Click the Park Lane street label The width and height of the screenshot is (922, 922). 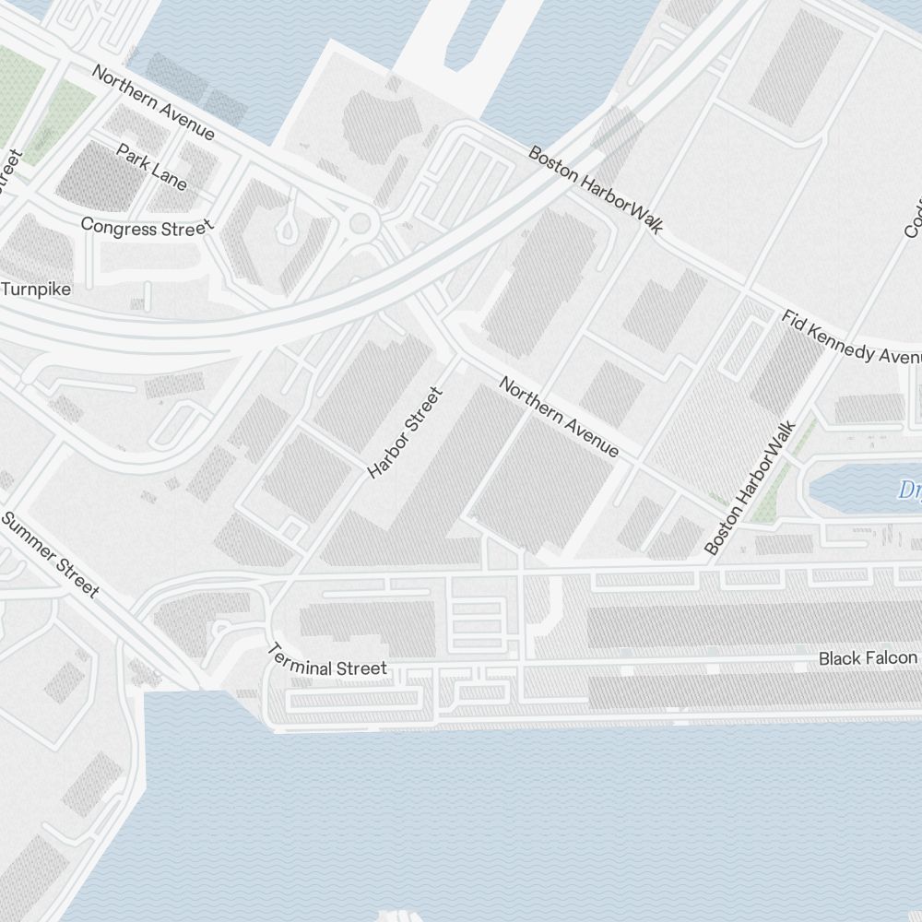(x=152, y=166)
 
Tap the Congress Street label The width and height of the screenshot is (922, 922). (x=147, y=226)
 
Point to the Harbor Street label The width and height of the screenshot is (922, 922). (x=406, y=432)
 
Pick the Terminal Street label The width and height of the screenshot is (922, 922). (x=327, y=660)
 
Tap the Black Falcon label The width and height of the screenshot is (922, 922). (x=868, y=658)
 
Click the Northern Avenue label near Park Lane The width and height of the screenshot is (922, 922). (x=153, y=102)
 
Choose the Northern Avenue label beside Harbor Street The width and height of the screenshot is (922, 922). (x=559, y=416)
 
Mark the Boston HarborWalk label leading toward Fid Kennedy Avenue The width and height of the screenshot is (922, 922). (x=595, y=189)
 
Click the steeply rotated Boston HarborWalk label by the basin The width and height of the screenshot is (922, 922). (x=749, y=488)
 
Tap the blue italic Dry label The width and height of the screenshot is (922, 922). (x=909, y=489)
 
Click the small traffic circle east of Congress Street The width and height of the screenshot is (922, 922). (x=360, y=222)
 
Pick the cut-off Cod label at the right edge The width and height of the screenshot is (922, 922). (x=914, y=217)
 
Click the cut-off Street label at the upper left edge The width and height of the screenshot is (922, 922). (x=9, y=171)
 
